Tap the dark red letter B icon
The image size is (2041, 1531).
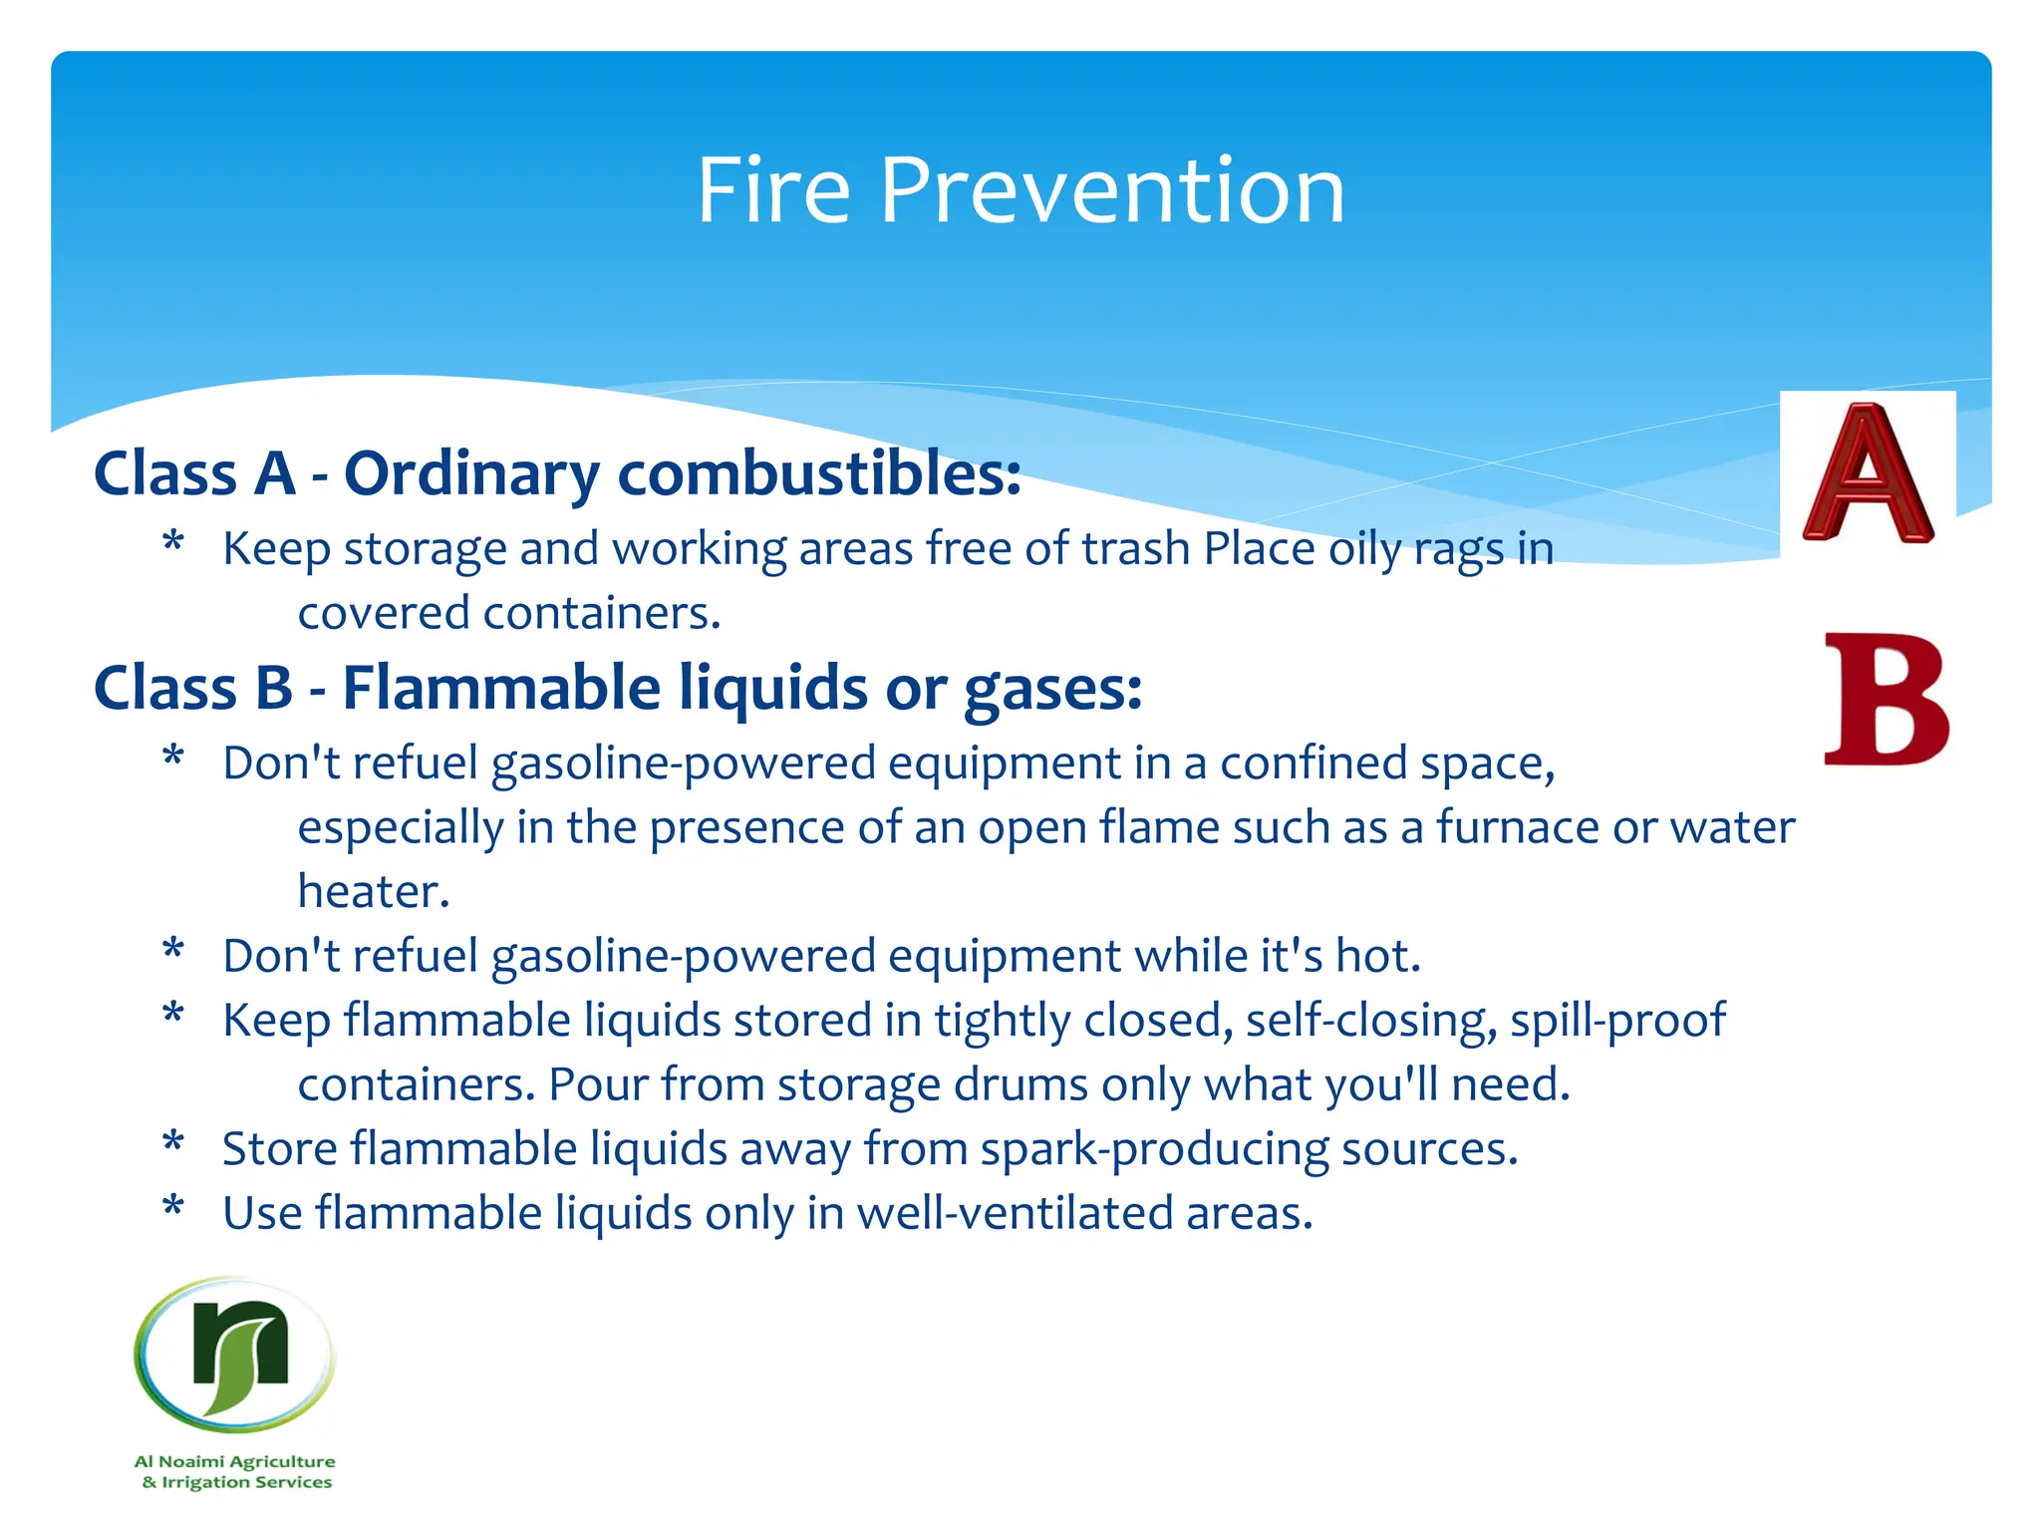pyautogui.click(x=1885, y=701)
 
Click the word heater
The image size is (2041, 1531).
pyautogui.click(x=373, y=891)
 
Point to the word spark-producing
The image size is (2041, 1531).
pyautogui.click(x=1154, y=1149)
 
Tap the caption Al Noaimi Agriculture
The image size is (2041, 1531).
pyautogui.click(x=235, y=1461)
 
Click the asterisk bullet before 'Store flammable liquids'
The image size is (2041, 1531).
pyautogui.click(x=173, y=1143)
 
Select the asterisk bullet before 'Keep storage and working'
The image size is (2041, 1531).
pyautogui.click(x=173, y=543)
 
